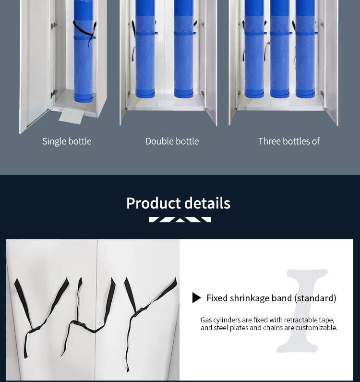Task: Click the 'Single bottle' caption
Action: click(x=67, y=141)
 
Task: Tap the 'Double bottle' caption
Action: click(x=172, y=141)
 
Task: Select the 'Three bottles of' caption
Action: click(x=288, y=141)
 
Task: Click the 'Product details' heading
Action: click(x=178, y=203)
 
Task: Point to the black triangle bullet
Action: click(x=196, y=298)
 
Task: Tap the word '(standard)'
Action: click(x=315, y=298)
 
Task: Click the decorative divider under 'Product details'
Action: click(x=180, y=220)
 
